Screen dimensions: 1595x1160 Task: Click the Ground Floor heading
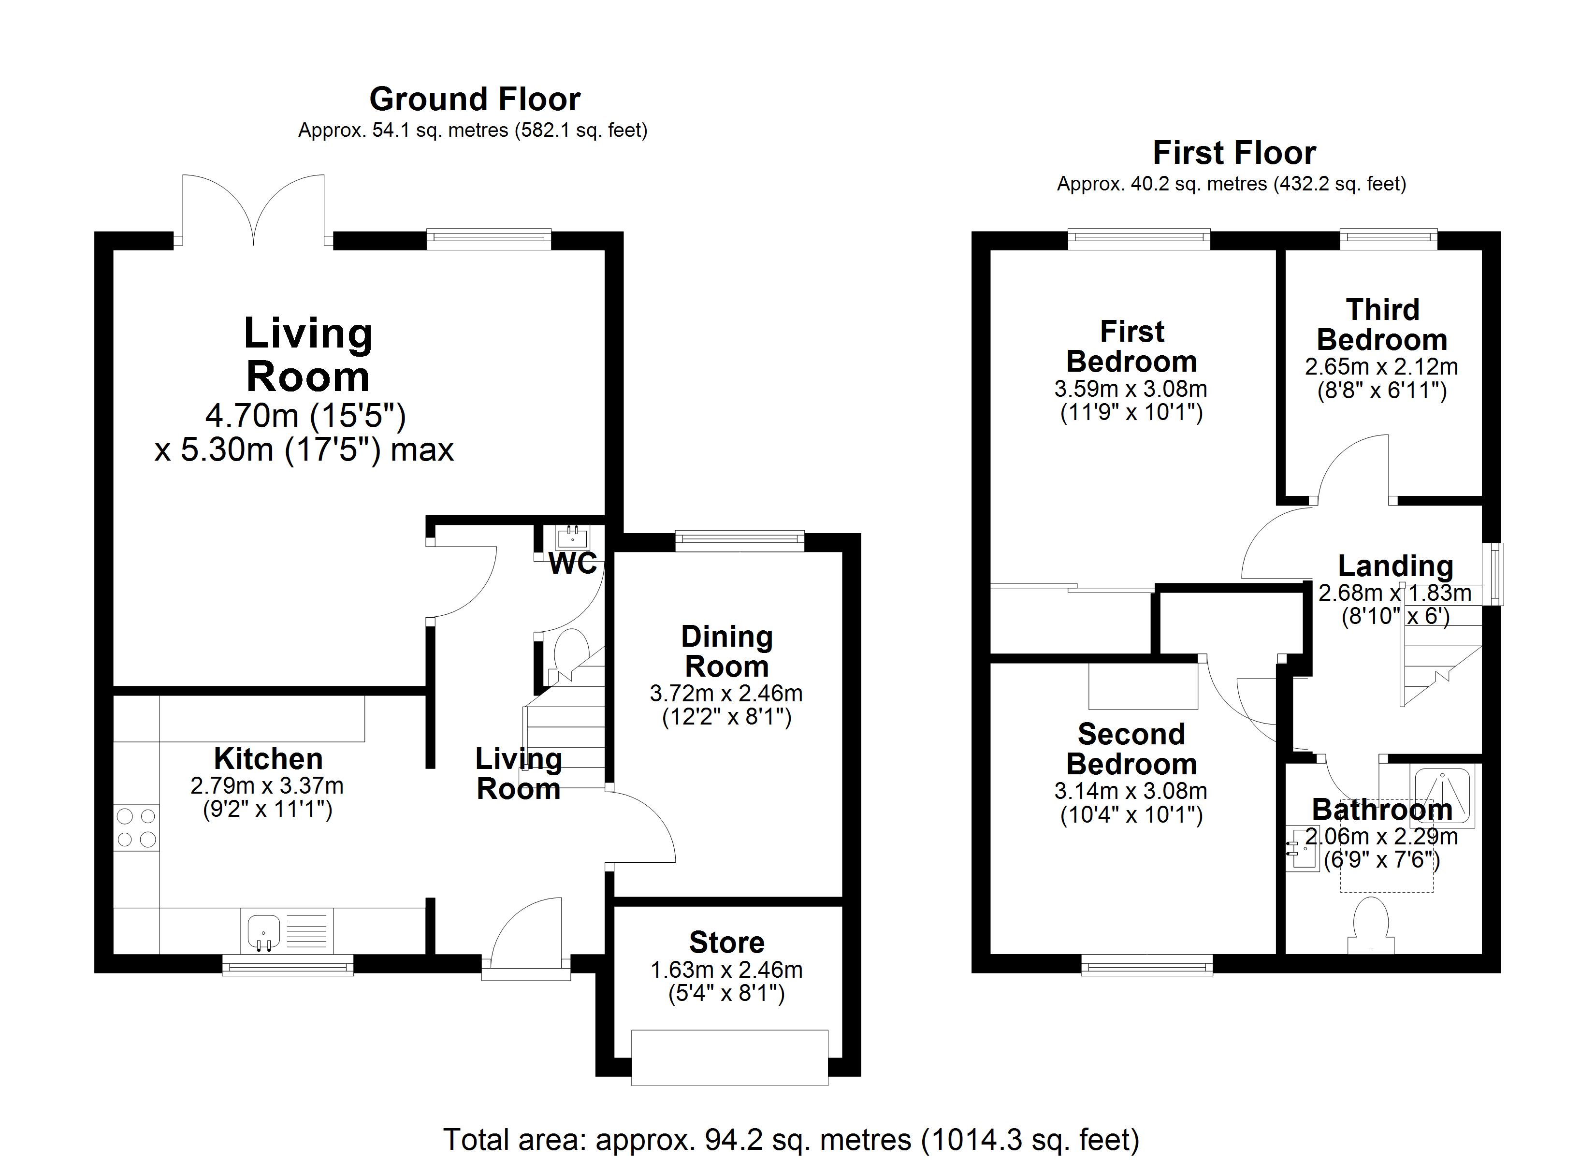[475, 99]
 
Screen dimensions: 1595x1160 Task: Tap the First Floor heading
[1234, 153]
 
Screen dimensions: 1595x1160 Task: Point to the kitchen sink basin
[264, 931]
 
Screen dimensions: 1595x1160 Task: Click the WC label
[572, 564]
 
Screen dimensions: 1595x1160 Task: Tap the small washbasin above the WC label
[572, 538]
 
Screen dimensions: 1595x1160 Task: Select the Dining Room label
[727, 652]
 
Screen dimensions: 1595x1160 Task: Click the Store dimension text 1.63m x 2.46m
[726, 970]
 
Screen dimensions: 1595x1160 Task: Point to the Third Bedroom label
[1382, 325]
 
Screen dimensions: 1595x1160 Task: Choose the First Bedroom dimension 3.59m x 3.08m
[1131, 389]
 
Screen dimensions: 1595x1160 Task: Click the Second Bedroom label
[1131, 749]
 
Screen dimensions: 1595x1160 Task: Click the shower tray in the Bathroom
[1442, 797]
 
